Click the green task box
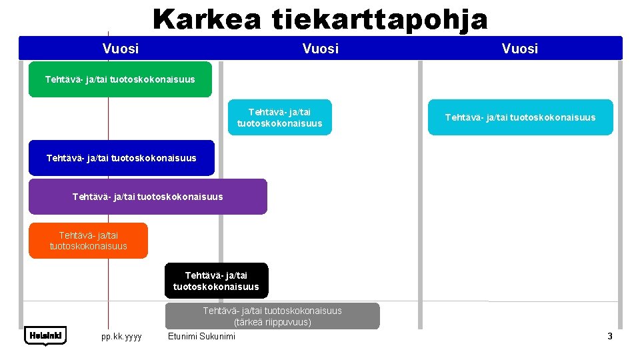pyautogui.click(x=120, y=79)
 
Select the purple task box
pyautogui.click(x=147, y=197)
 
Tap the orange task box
pyautogui.click(x=88, y=241)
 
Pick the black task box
pyautogui.click(x=216, y=281)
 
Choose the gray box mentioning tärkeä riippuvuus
pyautogui.click(x=272, y=316)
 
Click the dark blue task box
pyautogui.click(x=121, y=158)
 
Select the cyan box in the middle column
pyautogui.click(x=279, y=117)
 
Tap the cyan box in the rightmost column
pyautogui.click(x=520, y=117)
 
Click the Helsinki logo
pyautogui.click(x=45, y=336)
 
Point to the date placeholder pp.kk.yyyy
pyautogui.click(x=121, y=337)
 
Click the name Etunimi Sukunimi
pyautogui.click(x=202, y=337)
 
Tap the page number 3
pyautogui.click(x=609, y=337)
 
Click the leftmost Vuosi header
pyautogui.click(x=121, y=49)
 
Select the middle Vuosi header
pyautogui.click(x=320, y=49)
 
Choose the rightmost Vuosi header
pyautogui.click(x=520, y=49)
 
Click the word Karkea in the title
pyautogui.click(x=206, y=19)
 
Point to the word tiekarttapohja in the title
pyautogui.click(x=379, y=19)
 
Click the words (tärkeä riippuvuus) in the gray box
pyautogui.click(x=272, y=323)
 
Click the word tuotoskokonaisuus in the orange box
pyautogui.click(x=88, y=246)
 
